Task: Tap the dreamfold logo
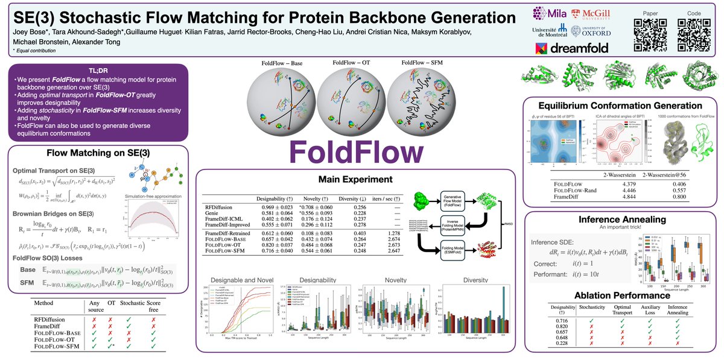coord(570,48)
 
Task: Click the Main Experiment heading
coord(355,180)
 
